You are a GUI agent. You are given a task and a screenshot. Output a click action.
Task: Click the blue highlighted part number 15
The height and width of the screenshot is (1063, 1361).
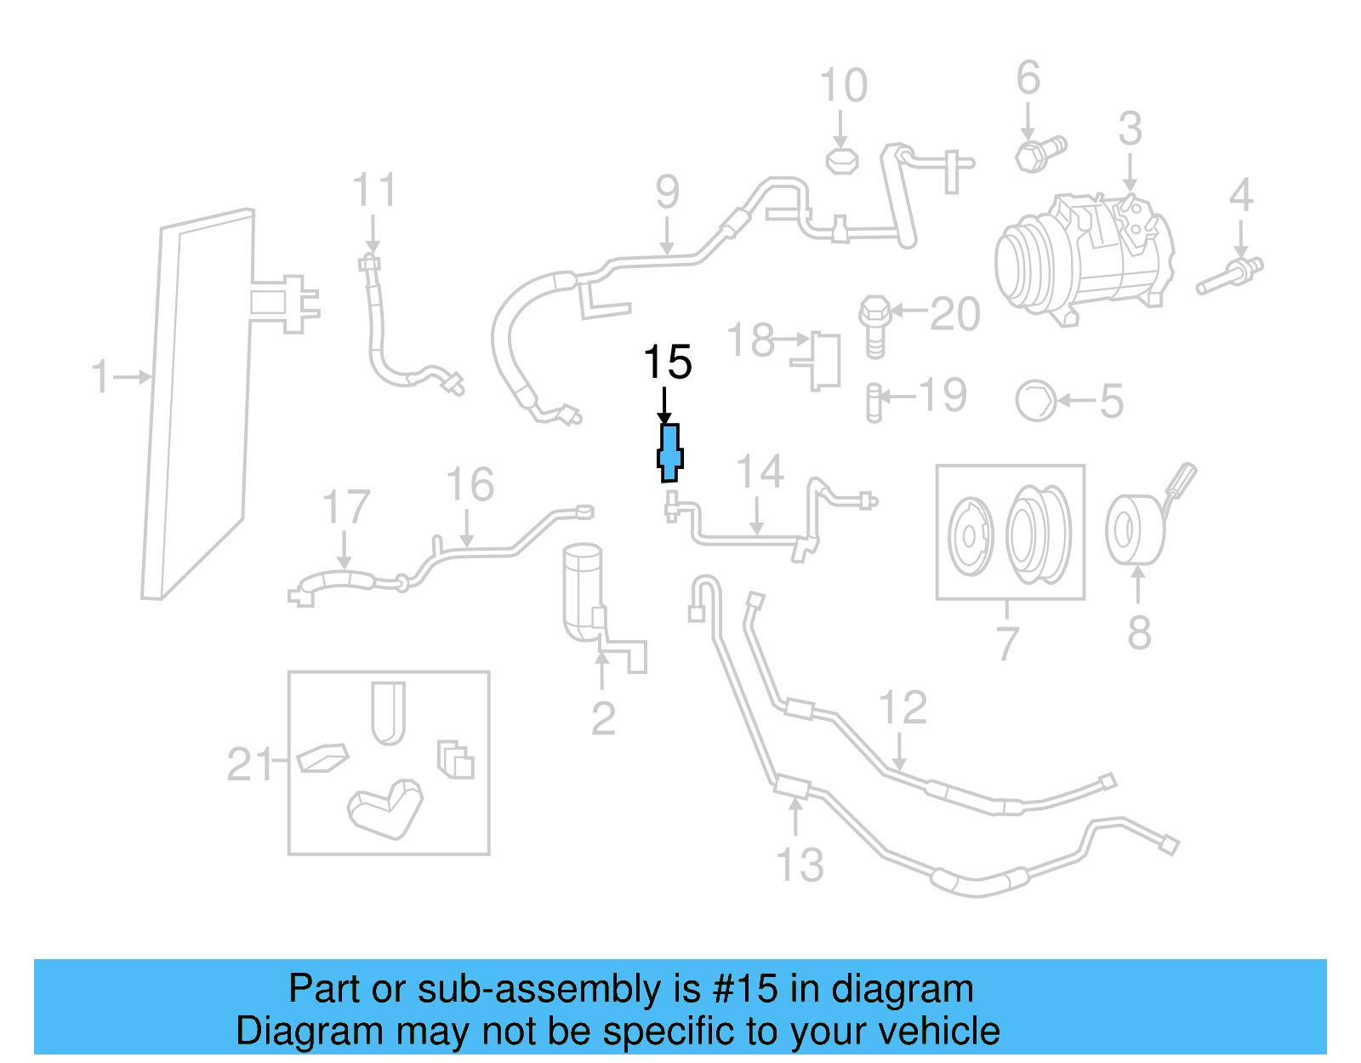(670, 453)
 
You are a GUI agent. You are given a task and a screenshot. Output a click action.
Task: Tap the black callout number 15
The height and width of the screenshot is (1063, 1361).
(668, 363)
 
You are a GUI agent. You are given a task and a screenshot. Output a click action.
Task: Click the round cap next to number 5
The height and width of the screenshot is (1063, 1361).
(1036, 400)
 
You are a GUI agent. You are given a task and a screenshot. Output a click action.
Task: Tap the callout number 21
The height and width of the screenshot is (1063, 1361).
(248, 764)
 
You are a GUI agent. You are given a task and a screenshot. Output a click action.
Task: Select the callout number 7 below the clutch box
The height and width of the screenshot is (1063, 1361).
(1007, 643)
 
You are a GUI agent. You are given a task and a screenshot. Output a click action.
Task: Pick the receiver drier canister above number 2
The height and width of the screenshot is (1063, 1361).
(584, 592)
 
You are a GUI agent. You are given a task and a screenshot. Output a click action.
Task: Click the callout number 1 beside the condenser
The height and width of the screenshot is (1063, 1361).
(101, 376)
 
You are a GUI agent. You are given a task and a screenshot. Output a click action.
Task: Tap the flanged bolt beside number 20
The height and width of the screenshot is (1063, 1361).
(874, 325)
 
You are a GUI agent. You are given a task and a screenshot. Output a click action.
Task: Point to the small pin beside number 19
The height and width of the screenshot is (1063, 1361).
(873, 403)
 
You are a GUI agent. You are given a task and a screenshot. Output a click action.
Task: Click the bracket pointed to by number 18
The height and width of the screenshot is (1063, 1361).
(820, 360)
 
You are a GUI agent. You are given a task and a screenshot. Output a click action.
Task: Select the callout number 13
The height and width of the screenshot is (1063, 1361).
(800, 866)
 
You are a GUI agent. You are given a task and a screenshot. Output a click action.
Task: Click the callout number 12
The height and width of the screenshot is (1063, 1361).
(903, 708)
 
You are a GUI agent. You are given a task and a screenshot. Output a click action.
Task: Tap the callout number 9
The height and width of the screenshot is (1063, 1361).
(668, 192)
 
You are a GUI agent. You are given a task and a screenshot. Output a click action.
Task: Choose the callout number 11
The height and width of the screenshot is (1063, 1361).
(374, 191)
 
